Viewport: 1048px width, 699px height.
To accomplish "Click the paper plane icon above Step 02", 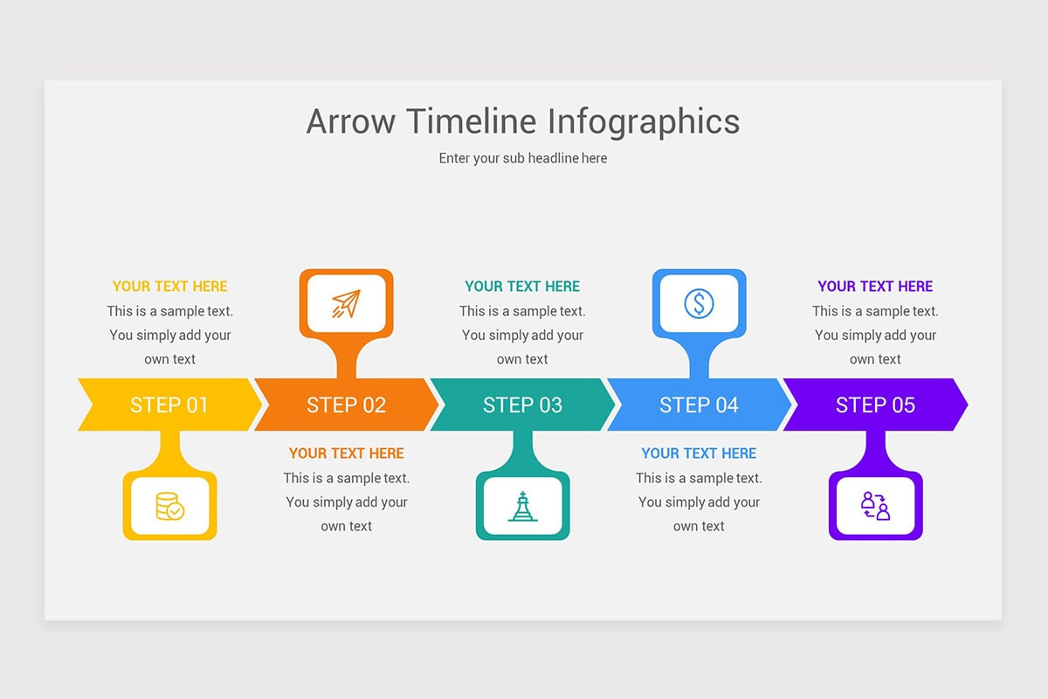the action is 346,303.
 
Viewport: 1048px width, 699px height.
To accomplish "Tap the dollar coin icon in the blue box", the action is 699,303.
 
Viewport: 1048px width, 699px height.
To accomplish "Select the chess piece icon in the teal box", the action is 522,506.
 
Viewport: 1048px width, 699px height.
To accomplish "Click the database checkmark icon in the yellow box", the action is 169,506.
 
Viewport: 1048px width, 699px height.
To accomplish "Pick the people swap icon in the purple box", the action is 875,506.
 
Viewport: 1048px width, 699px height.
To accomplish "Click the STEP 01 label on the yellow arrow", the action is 169,405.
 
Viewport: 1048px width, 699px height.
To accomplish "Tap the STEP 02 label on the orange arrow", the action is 346,405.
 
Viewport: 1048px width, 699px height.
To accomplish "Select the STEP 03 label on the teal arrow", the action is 522,405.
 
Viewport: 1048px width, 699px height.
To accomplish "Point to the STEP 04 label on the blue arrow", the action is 699,405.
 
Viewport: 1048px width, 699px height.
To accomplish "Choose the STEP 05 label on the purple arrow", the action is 875,405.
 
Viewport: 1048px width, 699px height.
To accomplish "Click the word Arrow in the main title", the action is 351,121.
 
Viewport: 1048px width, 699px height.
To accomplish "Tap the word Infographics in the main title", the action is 644,122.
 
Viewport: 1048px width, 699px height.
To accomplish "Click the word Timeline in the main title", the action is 472,121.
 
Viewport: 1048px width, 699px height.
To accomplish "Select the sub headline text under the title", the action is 523,158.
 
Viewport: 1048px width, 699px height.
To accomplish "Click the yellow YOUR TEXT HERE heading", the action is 169,286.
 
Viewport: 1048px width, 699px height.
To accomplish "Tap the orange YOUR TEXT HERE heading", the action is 346,453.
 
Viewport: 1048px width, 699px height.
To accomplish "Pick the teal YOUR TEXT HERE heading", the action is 522,286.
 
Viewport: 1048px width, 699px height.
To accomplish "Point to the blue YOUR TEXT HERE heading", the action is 699,453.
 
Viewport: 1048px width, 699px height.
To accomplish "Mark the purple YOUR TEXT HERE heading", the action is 875,286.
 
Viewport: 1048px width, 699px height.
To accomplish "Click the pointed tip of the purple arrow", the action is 968,405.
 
